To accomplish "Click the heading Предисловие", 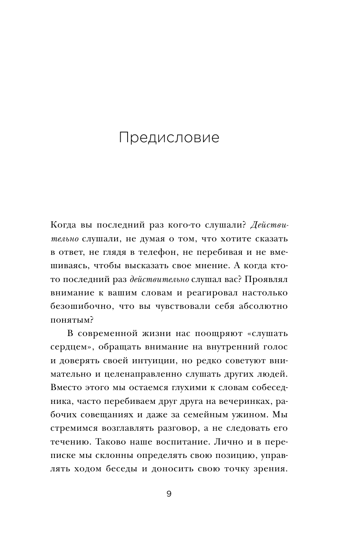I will (169, 138).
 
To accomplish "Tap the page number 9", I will (169, 494).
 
